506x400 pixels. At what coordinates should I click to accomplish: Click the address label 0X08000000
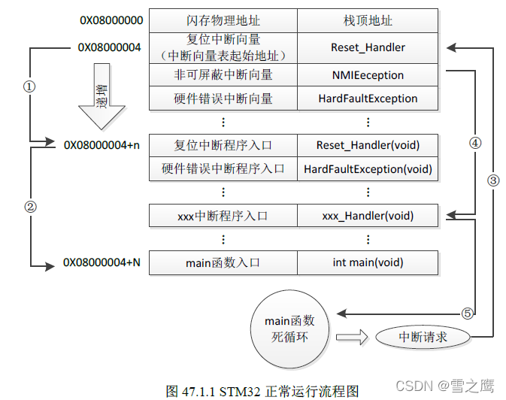(x=111, y=20)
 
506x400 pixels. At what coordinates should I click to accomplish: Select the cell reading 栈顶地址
(x=368, y=20)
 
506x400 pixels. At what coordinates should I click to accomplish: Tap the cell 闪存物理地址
(x=223, y=20)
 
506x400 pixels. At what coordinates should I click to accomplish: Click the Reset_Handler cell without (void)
(x=368, y=47)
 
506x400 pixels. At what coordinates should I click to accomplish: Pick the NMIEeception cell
(x=368, y=75)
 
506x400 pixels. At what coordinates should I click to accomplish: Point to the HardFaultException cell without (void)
(x=368, y=98)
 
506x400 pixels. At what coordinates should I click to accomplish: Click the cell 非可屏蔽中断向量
(x=223, y=75)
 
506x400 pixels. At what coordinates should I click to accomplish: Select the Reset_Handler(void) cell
(x=368, y=145)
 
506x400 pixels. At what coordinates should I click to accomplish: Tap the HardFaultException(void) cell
(x=368, y=169)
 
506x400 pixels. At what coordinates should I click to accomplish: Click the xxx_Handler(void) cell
(x=368, y=216)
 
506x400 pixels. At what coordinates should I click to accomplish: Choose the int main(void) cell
(x=368, y=262)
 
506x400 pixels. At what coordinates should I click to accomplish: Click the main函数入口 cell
(x=223, y=262)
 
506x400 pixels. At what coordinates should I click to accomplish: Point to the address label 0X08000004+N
(x=102, y=262)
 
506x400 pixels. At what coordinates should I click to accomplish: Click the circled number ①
(x=29, y=86)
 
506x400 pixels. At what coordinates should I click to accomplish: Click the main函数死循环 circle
(x=289, y=329)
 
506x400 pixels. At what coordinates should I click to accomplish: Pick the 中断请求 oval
(x=423, y=336)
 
